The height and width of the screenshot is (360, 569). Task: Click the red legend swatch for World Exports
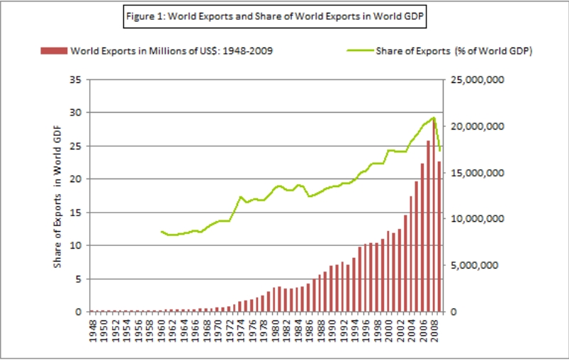(54, 50)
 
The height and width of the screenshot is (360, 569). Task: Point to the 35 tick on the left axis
(74, 79)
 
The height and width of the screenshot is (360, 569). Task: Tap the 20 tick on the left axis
(74, 179)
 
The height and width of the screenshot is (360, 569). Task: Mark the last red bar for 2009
(439, 237)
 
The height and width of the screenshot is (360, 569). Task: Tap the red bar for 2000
(388, 271)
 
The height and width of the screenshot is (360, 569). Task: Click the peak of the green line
(433, 118)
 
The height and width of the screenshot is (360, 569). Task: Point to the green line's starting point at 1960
(162, 231)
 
